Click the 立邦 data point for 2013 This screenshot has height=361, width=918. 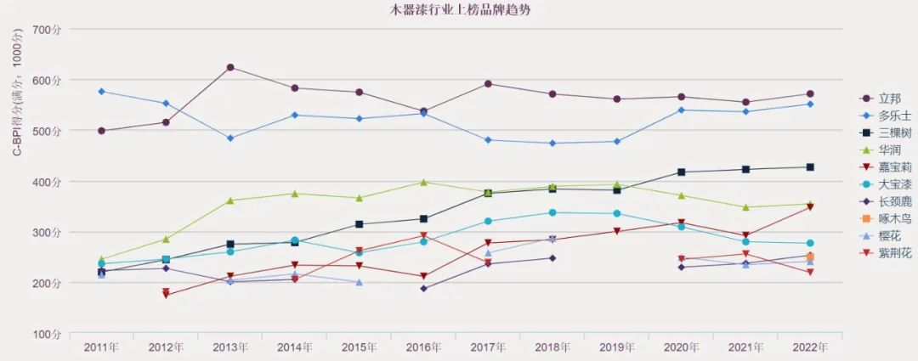pos(230,67)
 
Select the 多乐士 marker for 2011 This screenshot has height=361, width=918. pos(102,91)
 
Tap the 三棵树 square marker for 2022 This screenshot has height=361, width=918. pos(810,167)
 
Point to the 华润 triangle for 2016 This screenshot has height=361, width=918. pos(423,182)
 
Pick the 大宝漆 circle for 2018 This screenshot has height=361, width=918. pos(552,212)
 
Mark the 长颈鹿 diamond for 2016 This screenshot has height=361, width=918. pos(423,289)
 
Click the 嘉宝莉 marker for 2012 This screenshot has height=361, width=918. pos(166,295)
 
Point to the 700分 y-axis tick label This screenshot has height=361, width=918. pos(47,29)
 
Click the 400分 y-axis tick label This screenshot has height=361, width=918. pos(47,182)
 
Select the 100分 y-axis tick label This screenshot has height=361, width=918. pos(47,334)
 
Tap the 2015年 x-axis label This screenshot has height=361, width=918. pos(359,347)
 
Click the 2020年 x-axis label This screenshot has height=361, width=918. pos(681,347)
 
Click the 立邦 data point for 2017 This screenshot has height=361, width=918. pos(488,83)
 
